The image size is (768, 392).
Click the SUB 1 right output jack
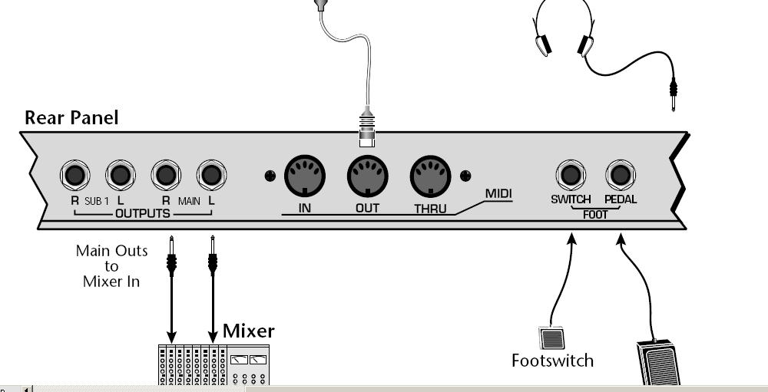(x=74, y=176)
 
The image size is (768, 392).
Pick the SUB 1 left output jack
(x=120, y=176)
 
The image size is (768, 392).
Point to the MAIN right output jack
(x=166, y=176)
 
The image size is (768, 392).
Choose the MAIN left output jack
(x=211, y=176)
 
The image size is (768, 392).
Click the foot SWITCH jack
(x=571, y=176)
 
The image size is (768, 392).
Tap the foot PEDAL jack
(x=620, y=176)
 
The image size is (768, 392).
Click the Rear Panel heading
(x=71, y=117)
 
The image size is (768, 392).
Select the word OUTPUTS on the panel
(x=142, y=213)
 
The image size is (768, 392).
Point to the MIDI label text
(x=498, y=194)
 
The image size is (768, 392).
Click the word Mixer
(x=248, y=331)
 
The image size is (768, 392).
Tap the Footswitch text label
(x=552, y=360)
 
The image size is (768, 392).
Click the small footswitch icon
(x=551, y=338)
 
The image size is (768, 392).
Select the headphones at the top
(x=564, y=28)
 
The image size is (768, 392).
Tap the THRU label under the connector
(x=430, y=208)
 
